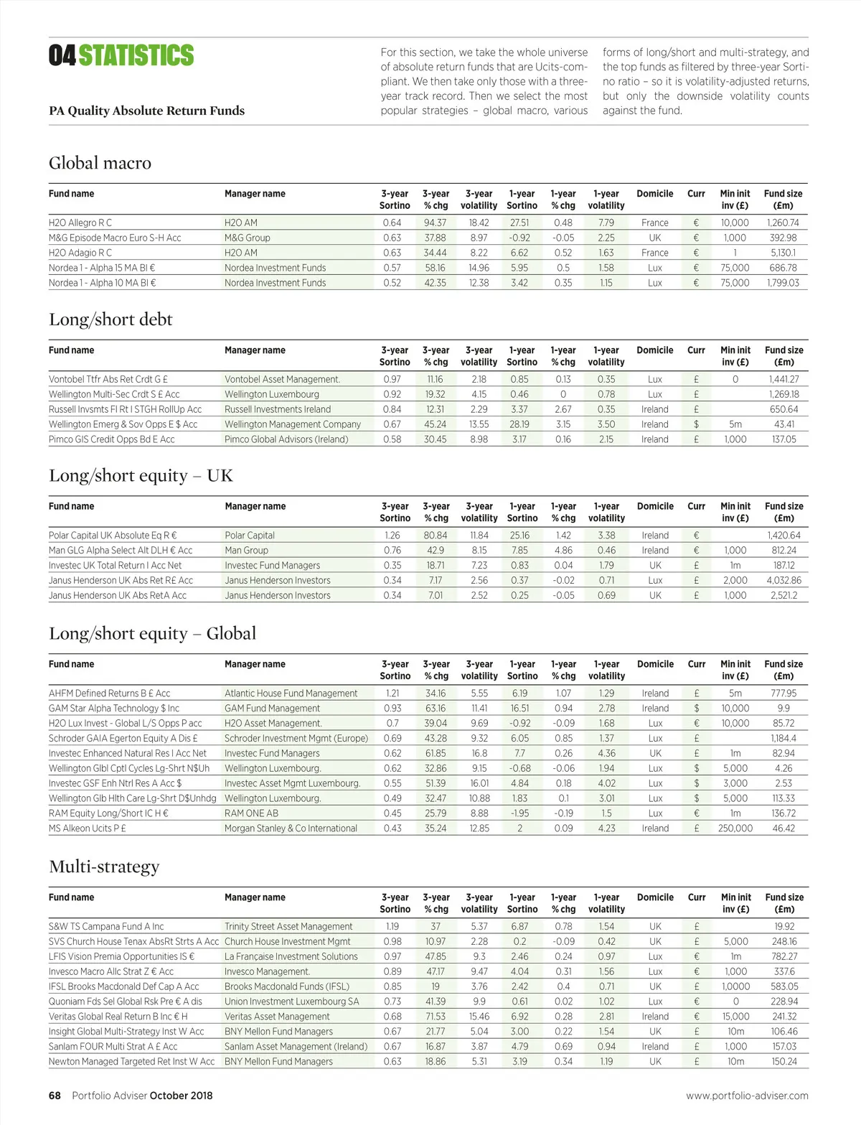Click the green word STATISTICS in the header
(136, 55)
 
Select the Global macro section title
(100, 163)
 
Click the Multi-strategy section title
(104, 867)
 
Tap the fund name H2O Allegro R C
(80, 223)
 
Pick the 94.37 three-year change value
(435, 223)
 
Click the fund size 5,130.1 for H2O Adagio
(784, 253)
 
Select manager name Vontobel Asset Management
(282, 379)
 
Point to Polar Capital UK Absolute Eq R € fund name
(113, 535)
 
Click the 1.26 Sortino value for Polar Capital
(392, 535)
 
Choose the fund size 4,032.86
(784, 580)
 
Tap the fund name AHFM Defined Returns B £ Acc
(109, 693)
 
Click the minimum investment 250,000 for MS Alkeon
(735, 828)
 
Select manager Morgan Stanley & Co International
(291, 828)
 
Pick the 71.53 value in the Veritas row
(435, 1016)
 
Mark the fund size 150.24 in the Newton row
(784, 1061)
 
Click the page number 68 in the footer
(55, 1096)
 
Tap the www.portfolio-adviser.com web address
(747, 1096)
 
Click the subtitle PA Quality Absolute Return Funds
(146, 111)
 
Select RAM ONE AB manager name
(251, 813)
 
